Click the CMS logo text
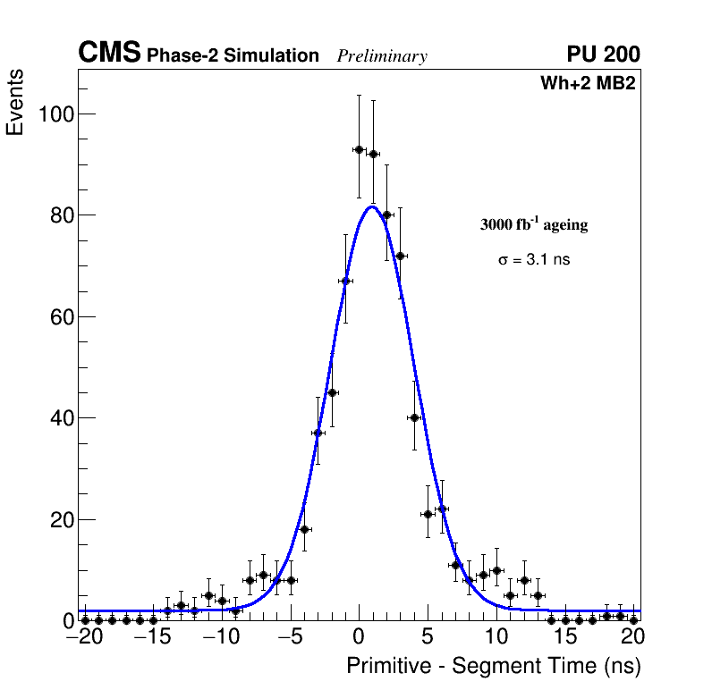[109, 54]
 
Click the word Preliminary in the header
[382, 56]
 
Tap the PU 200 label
[603, 55]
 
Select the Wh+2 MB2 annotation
[588, 84]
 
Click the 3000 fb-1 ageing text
[534, 224]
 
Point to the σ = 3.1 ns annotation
[534, 260]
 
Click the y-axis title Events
[15, 102]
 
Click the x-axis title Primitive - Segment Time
[494, 666]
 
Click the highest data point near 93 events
[359, 149]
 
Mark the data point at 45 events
[332, 392]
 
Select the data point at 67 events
[345, 281]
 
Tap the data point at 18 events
[304, 529]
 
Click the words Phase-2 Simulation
[233, 56]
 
